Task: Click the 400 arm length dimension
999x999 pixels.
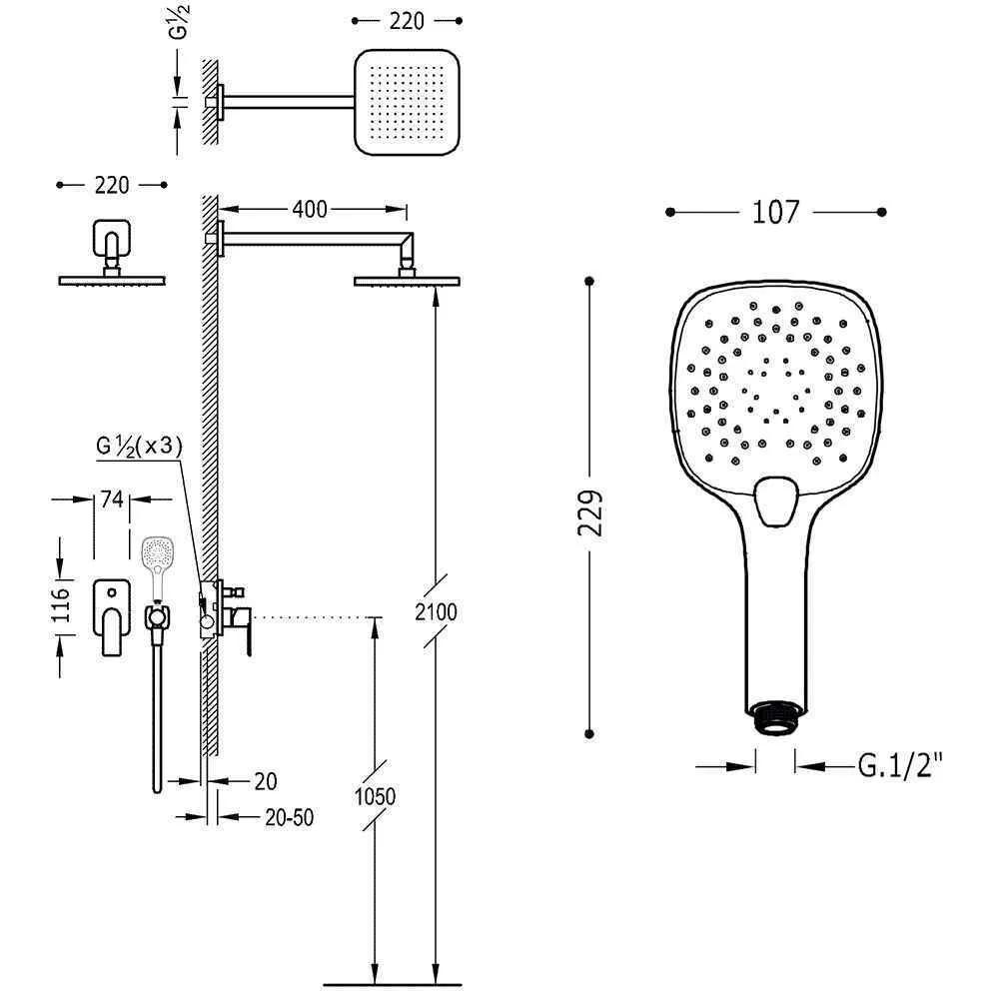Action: point(310,209)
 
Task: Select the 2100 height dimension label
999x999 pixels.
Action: point(436,612)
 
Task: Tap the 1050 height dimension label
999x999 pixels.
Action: point(376,796)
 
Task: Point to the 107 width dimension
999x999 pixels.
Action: point(775,212)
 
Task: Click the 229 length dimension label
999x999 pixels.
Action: point(590,512)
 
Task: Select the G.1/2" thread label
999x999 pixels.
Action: point(900,765)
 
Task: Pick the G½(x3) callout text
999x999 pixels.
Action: point(140,446)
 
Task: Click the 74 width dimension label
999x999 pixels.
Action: point(112,499)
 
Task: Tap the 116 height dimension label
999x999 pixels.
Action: point(61,604)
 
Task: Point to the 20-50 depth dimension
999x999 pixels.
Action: point(290,817)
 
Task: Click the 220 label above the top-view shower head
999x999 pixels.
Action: point(407,21)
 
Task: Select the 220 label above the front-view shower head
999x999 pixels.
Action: point(112,185)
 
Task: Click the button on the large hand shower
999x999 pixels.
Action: point(776,500)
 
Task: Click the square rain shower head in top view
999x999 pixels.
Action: point(407,102)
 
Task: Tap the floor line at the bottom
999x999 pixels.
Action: point(393,985)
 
